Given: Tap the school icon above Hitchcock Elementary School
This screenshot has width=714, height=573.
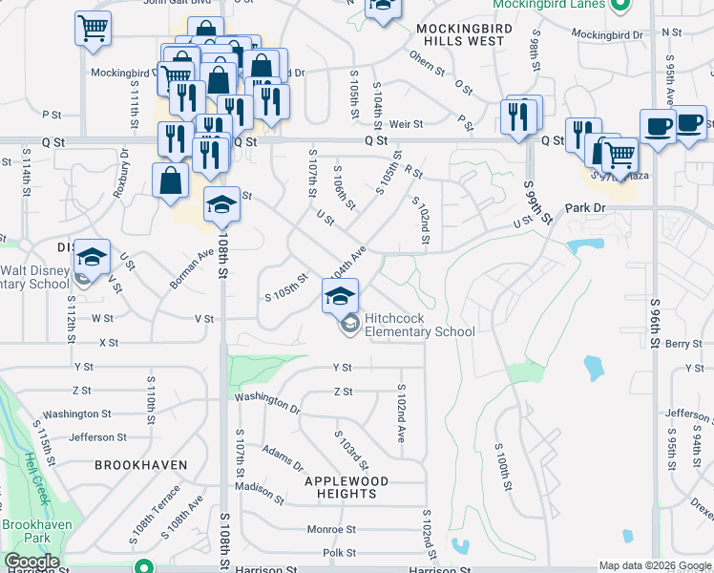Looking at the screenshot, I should coord(339,296).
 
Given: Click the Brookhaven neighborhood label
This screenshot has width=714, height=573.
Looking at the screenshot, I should coord(140,464).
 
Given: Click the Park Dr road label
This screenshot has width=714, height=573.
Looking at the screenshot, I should coord(585,207).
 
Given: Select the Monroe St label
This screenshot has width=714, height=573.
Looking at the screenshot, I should coord(331,529).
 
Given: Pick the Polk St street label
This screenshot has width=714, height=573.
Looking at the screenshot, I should coord(339,553).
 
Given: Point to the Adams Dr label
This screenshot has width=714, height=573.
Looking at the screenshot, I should coord(283,459).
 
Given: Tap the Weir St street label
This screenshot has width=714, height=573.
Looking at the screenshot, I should coord(406,124).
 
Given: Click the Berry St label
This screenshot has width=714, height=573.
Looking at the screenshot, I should coord(683,344).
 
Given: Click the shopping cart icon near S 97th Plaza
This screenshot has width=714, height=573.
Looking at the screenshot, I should coord(619,153).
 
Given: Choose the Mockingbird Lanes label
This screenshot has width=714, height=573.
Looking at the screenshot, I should coord(550,5).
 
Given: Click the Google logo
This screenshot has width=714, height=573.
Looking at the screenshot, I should coord(31,562).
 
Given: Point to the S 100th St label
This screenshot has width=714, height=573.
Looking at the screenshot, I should coord(502,466).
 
